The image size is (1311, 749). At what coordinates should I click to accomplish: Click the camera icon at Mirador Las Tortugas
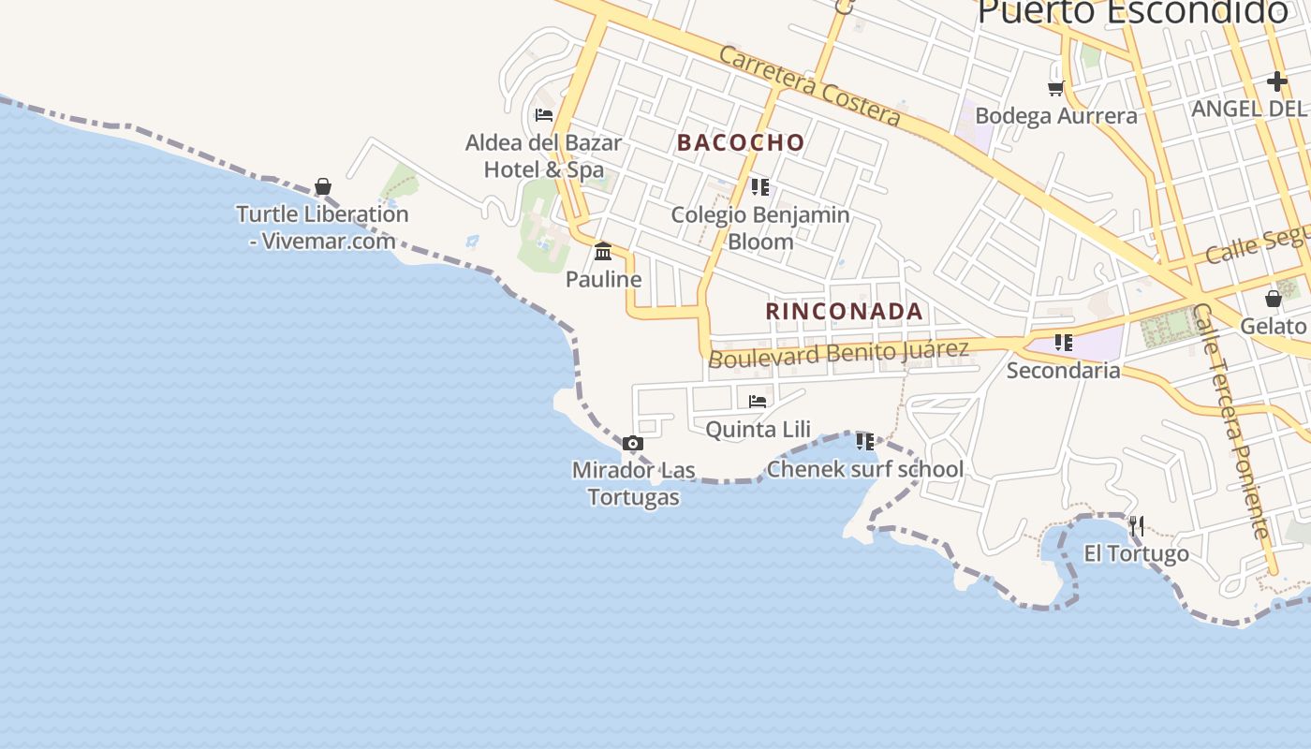(x=633, y=444)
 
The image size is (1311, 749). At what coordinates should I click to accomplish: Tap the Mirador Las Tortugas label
(x=634, y=483)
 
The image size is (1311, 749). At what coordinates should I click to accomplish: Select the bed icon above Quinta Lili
(x=758, y=402)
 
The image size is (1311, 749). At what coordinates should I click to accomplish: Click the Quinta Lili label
(x=758, y=430)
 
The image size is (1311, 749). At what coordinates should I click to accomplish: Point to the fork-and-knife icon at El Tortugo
(x=1136, y=525)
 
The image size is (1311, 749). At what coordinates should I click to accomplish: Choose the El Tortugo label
(x=1136, y=553)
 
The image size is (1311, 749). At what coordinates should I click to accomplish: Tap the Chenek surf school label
(x=864, y=469)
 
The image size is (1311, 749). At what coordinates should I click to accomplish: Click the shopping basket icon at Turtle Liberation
(x=323, y=186)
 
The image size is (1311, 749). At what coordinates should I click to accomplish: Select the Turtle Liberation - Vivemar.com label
(x=322, y=228)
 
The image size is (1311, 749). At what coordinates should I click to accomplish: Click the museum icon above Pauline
(x=603, y=251)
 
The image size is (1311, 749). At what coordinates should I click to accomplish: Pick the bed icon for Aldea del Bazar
(x=543, y=115)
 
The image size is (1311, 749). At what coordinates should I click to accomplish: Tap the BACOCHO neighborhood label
(x=741, y=142)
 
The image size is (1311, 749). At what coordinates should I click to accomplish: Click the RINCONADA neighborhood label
(x=845, y=311)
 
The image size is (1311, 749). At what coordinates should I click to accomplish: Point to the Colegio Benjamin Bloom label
(x=760, y=228)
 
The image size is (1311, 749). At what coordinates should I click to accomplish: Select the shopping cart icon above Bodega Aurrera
(x=1056, y=88)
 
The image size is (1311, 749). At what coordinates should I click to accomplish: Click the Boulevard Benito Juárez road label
(x=838, y=354)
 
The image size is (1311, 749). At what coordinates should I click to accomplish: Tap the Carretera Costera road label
(x=810, y=85)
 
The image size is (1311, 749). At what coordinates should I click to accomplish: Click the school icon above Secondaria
(x=1063, y=343)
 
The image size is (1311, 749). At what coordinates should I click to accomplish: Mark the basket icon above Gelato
(x=1273, y=299)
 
